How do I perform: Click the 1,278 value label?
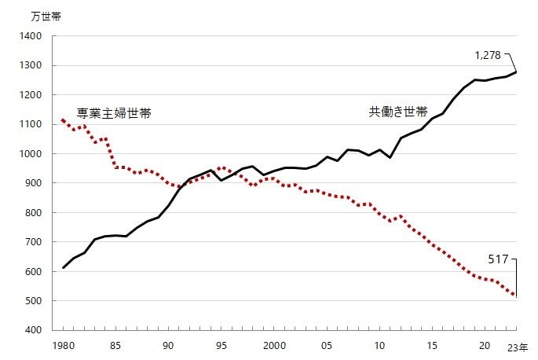[x=487, y=55]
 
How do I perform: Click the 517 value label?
[x=499, y=258]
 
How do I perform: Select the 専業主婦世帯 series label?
[x=113, y=113]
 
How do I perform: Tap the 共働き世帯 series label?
[x=398, y=112]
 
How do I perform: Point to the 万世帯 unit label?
[x=45, y=17]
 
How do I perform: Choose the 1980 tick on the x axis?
[x=63, y=346]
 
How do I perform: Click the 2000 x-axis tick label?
[x=273, y=346]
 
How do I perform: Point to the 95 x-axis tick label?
[x=221, y=346]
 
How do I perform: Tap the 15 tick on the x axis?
[x=432, y=346]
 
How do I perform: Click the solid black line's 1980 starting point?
[x=63, y=268]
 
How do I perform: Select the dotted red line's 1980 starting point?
[x=63, y=119]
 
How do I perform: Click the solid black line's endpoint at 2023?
[x=516, y=72]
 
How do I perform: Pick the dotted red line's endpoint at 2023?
[x=516, y=296]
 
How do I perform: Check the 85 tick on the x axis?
[x=115, y=346]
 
